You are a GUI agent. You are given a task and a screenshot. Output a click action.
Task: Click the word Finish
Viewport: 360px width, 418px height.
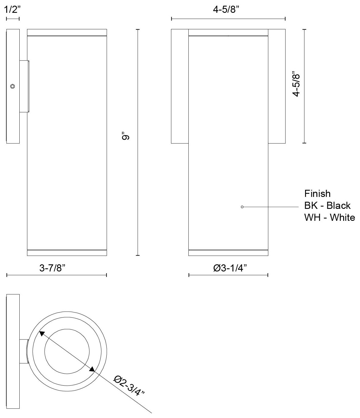pos(317,194)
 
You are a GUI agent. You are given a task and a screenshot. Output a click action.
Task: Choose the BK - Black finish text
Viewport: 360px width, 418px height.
pos(327,205)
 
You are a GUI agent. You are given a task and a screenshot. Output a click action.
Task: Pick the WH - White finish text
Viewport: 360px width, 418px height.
pos(330,218)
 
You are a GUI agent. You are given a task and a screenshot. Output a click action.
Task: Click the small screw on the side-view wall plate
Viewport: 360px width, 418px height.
pos(13,86)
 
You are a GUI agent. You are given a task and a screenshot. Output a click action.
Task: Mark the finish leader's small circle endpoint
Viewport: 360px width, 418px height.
pos(242,207)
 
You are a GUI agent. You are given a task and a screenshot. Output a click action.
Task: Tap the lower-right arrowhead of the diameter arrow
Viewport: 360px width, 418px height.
pos(92,369)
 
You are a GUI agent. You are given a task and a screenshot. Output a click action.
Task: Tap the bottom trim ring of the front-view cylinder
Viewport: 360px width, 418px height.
pos(228,253)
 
